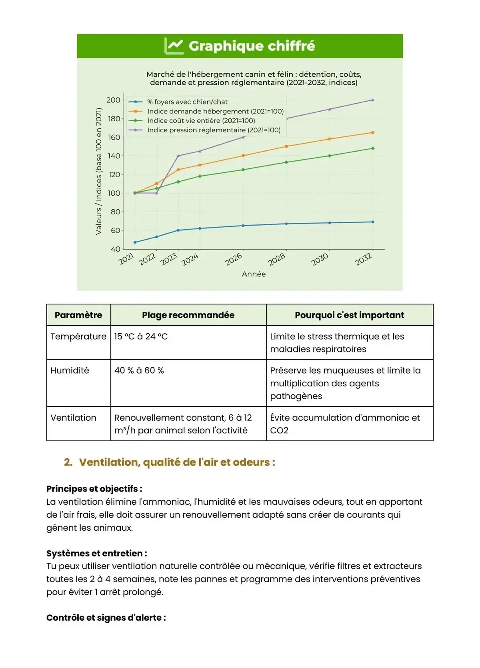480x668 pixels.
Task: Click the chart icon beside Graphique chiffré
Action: pyautogui.click(x=174, y=46)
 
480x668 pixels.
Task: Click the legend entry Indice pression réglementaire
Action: pyautogui.click(x=214, y=130)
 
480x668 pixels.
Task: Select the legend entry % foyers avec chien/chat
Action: pyautogui.click(x=187, y=102)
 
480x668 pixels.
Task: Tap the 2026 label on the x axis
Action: pyautogui.click(x=234, y=259)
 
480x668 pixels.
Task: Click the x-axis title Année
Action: pyautogui.click(x=254, y=274)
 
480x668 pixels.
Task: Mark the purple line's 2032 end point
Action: pyautogui.click(x=373, y=100)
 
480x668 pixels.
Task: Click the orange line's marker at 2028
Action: pyautogui.click(x=286, y=146)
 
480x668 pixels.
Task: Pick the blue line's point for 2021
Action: pyautogui.click(x=135, y=242)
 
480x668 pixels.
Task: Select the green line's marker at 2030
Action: pyautogui.click(x=330, y=156)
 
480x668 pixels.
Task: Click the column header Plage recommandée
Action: pyautogui.click(x=188, y=315)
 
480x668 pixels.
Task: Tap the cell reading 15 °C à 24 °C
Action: pyautogui.click(x=141, y=336)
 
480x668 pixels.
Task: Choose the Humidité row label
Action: pyautogui.click(x=70, y=370)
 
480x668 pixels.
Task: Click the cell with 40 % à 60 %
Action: pyautogui.click(x=139, y=370)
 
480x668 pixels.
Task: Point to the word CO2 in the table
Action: pyautogui.click(x=279, y=430)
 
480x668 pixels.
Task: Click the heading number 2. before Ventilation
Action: pyautogui.click(x=68, y=462)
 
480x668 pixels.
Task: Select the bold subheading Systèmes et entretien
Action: pyautogui.click(x=96, y=553)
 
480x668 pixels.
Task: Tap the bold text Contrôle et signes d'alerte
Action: pyautogui.click(x=106, y=618)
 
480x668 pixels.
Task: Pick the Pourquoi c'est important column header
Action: pyautogui.click(x=349, y=315)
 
